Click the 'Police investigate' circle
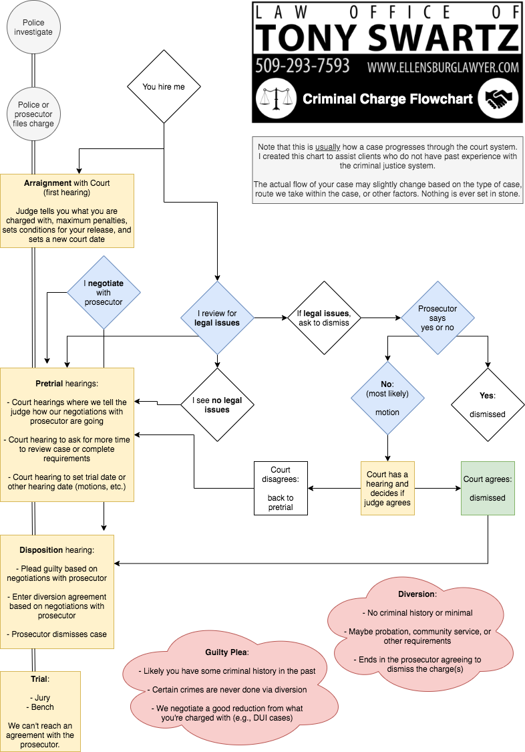(x=33, y=27)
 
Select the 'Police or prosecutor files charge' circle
(x=33, y=114)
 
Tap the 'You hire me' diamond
(x=164, y=86)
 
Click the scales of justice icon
(x=276, y=99)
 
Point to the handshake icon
(x=498, y=99)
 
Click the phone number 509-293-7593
(x=302, y=67)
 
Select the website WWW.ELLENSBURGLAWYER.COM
(x=443, y=68)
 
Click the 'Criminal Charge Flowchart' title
(x=387, y=100)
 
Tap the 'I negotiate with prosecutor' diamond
(x=104, y=292)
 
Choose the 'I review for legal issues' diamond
(x=217, y=318)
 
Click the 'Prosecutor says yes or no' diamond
(x=437, y=318)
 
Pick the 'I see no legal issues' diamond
(x=217, y=404)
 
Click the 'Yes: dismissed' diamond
(x=488, y=404)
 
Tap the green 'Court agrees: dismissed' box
(x=488, y=488)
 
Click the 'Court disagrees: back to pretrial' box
(x=281, y=488)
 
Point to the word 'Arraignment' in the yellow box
(x=47, y=183)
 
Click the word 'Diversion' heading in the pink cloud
(x=416, y=594)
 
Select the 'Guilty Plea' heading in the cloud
(x=226, y=652)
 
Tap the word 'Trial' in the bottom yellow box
(x=39, y=679)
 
